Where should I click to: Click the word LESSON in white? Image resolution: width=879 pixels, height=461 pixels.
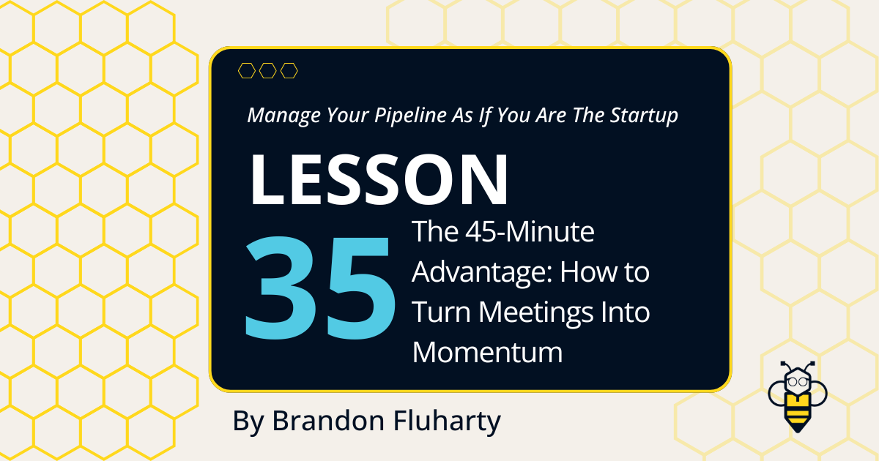[x=379, y=179]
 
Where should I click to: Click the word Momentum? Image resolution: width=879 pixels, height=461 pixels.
[x=487, y=353]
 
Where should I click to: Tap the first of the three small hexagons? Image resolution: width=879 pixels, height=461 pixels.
[x=247, y=70]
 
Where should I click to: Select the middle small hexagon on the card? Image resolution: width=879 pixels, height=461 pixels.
[x=268, y=70]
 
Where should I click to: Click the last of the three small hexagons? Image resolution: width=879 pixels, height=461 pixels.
[x=289, y=70]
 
